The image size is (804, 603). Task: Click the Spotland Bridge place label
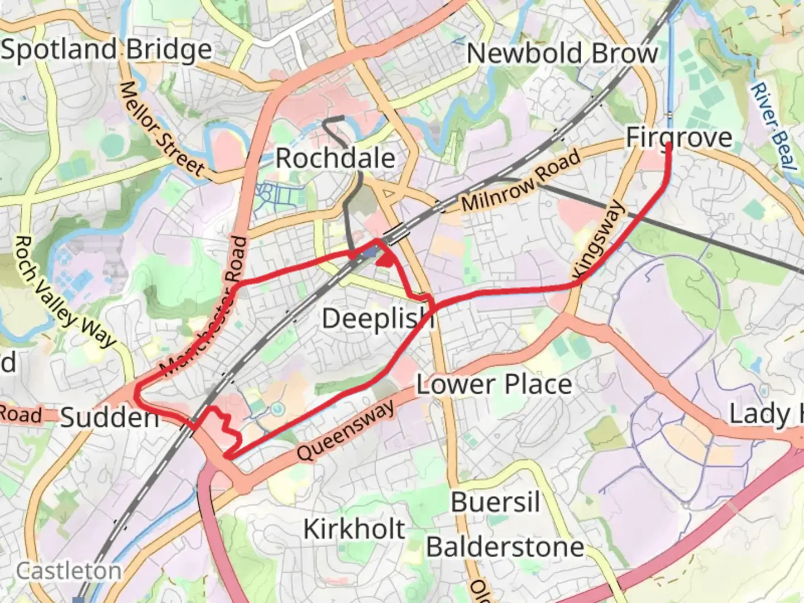[107, 50]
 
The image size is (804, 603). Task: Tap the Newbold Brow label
[562, 54]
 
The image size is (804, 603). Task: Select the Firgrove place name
[678, 137]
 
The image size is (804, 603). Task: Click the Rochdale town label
[336, 159]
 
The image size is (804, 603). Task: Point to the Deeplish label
[378, 319]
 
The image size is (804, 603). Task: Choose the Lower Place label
[494, 385]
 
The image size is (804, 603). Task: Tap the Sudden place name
[109, 418]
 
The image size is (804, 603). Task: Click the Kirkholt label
[354, 529]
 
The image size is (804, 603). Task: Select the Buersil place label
[495, 502]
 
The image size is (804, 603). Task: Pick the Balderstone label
[505, 547]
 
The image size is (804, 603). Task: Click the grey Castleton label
[68, 571]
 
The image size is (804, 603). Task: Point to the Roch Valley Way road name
[64, 291]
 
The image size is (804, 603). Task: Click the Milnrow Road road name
[521, 181]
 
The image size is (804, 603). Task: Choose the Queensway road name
[346, 431]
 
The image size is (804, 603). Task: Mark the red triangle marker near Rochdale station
[385, 260]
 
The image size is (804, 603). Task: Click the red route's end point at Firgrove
[669, 145]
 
